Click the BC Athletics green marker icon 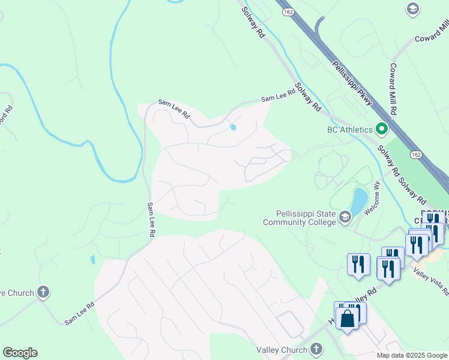pos(381,129)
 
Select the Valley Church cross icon pos(316,349)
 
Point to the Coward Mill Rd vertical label pos(393,89)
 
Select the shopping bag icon pos(348,318)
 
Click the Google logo pos(20,353)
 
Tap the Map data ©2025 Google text pos(411,355)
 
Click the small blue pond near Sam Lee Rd pos(233,127)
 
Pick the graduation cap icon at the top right pos(412,8)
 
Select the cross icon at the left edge pos(43,292)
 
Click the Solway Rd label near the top pos(253,23)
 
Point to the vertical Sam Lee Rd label pos(151,218)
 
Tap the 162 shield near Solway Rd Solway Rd pos(416,155)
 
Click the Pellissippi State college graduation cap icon pos(345,217)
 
